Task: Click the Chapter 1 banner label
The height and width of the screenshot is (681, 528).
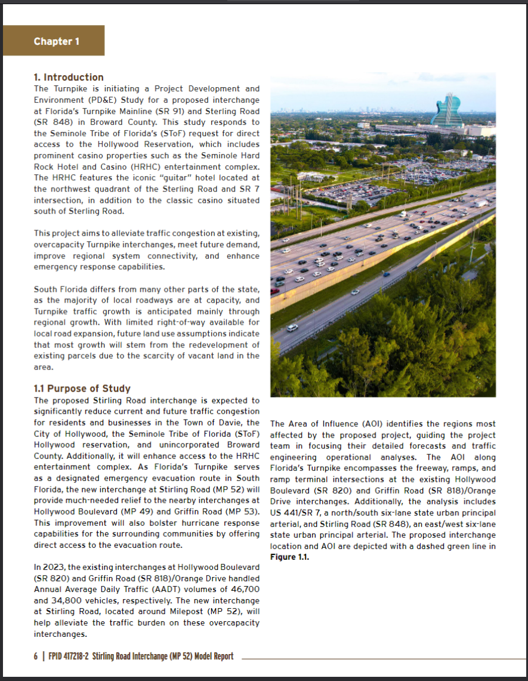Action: pos(57,41)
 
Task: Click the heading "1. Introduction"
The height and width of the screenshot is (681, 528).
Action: pos(69,77)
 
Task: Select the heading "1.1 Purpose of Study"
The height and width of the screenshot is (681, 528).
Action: pos(82,389)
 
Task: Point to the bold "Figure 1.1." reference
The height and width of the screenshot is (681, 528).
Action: pos(289,557)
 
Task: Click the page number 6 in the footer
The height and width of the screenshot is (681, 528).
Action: pos(35,656)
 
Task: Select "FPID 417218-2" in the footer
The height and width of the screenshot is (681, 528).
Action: pos(66,656)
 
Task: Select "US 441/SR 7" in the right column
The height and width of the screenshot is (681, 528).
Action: pos(294,513)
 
